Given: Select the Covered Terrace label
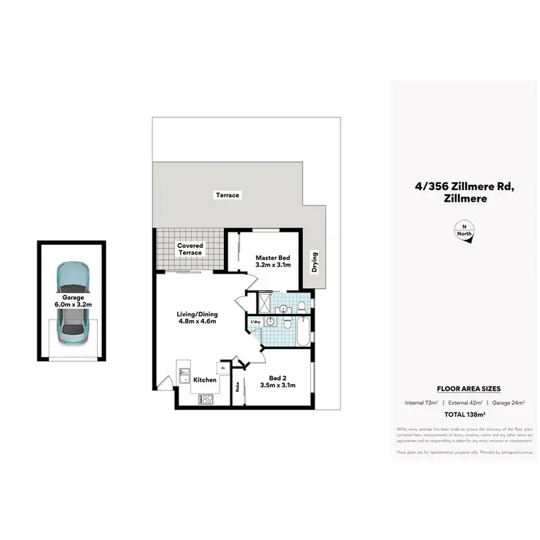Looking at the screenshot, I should [190, 249].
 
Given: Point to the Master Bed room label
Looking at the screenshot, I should [273, 261].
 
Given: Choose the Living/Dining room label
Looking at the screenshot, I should [197, 318].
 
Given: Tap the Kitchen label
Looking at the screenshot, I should [204, 379].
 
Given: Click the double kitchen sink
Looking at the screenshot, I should [184, 379].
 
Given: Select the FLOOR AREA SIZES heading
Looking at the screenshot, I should [463, 388].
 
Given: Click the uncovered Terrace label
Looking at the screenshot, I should [227, 195].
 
